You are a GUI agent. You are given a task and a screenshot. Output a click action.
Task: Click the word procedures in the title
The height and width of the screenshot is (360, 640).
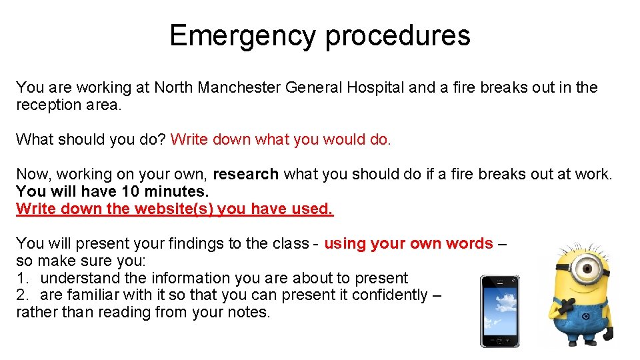(397, 35)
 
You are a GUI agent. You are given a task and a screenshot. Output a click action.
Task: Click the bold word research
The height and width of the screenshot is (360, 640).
(245, 174)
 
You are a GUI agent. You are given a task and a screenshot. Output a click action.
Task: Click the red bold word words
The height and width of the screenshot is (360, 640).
(470, 243)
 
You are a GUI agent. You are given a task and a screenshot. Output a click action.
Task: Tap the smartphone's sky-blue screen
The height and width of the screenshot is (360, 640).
(499, 310)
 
